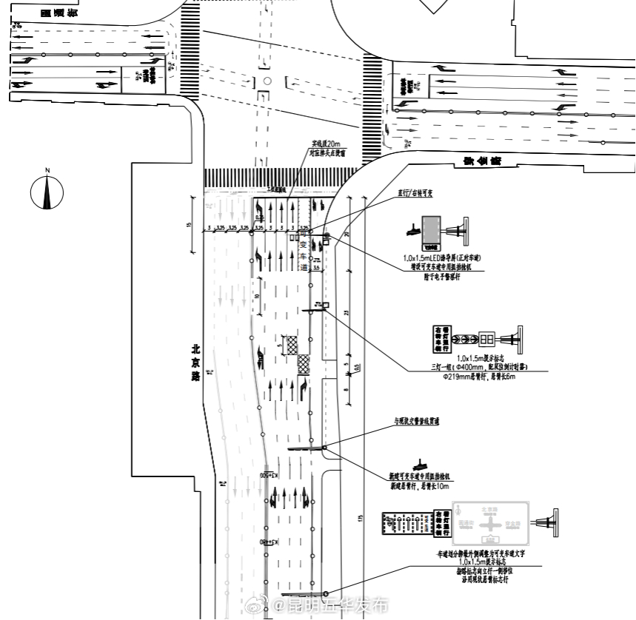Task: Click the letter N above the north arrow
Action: [x=47, y=172]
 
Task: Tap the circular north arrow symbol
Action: [x=47, y=193]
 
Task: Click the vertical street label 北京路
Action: [x=195, y=362]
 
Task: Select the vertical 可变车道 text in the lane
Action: [x=303, y=251]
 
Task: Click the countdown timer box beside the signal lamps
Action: [x=488, y=340]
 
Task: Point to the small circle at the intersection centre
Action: [x=267, y=81]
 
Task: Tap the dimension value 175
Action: [x=361, y=517]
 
